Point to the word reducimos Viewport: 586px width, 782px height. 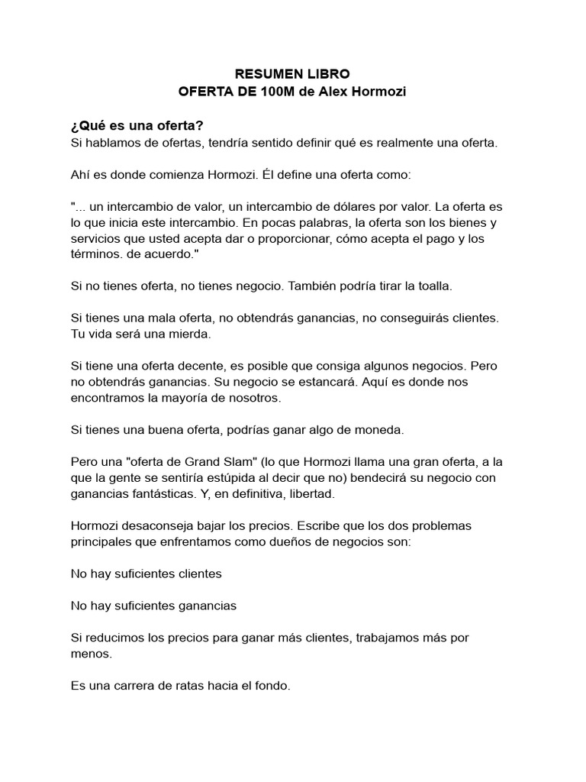(x=114, y=637)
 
